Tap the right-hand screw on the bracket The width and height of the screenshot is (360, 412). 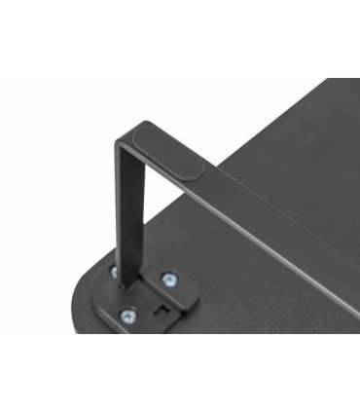coord(169,281)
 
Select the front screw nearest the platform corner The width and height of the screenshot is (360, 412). coord(127,315)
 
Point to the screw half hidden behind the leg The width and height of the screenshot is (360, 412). coord(114,272)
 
